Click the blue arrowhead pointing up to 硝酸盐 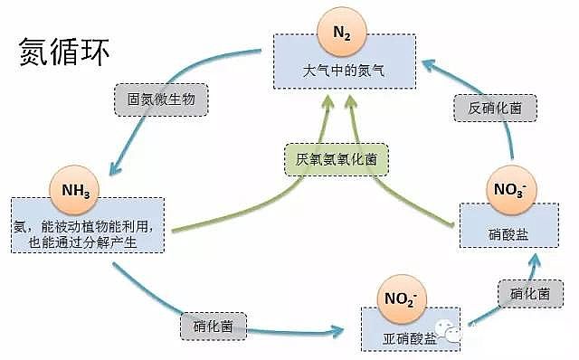click(536, 260)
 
